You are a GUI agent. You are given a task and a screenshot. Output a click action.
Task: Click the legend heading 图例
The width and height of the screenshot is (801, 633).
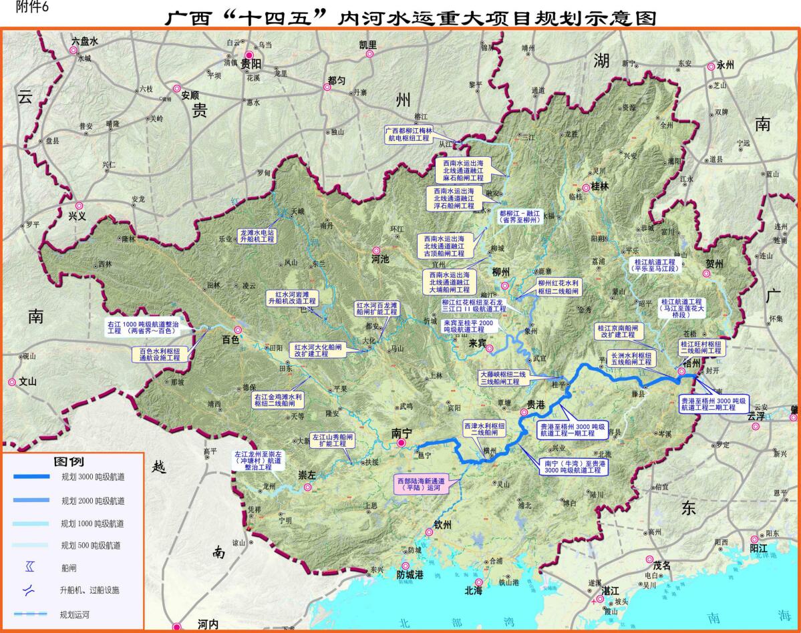(68, 461)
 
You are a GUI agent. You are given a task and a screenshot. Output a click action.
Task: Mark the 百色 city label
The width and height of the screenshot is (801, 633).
(230, 340)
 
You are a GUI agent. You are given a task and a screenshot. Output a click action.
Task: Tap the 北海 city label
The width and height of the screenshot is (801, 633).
(474, 590)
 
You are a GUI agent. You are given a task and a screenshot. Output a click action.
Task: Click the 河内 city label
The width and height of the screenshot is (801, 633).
(208, 624)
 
